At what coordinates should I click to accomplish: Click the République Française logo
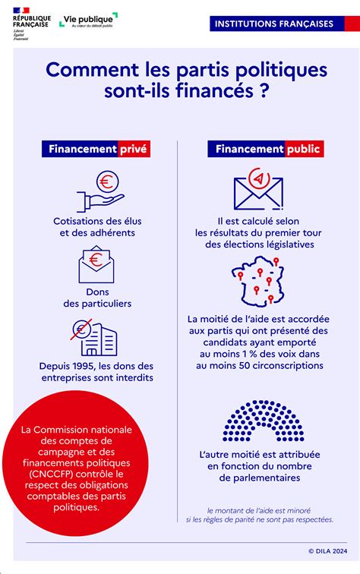(x=32, y=26)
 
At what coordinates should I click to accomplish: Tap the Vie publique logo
(x=88, y=20)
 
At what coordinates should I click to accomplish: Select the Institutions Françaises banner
(x=273, y=24)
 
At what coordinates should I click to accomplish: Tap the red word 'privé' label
(x=134, y=149)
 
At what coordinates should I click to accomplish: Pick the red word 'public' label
(x=303, y=149)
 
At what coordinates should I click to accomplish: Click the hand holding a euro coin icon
(x=100, y=191)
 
